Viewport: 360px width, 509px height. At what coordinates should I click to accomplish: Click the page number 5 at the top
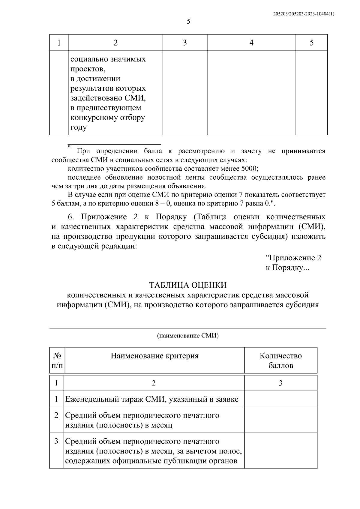[189, 22]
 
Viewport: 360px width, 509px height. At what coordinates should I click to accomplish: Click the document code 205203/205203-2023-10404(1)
[304, 14]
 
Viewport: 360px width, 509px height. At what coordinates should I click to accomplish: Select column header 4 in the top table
[251, 43]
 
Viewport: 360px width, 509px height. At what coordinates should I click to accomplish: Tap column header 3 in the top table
[185, 43]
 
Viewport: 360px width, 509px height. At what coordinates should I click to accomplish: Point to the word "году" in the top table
[79, 127]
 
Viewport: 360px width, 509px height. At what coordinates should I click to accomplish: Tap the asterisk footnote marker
[69, 146]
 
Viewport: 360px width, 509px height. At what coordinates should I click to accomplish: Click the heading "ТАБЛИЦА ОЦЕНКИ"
[188, 285]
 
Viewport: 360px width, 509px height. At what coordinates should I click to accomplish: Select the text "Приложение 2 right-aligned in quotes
[293, 258]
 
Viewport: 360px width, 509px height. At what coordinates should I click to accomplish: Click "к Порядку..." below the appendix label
[287, 268]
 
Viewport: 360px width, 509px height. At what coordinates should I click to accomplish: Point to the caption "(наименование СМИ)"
[188, 336]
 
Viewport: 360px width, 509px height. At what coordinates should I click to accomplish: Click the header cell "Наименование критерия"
[154, 356]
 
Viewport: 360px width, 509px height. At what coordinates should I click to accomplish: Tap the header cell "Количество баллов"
[280, 361]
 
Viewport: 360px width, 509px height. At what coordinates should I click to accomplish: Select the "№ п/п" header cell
[57, 361]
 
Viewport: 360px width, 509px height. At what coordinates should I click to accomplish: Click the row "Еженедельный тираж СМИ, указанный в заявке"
[152, 399]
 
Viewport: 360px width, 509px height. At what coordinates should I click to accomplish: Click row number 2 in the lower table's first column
[56, 415]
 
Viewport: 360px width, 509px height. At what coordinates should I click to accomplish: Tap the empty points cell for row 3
[280, 451]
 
